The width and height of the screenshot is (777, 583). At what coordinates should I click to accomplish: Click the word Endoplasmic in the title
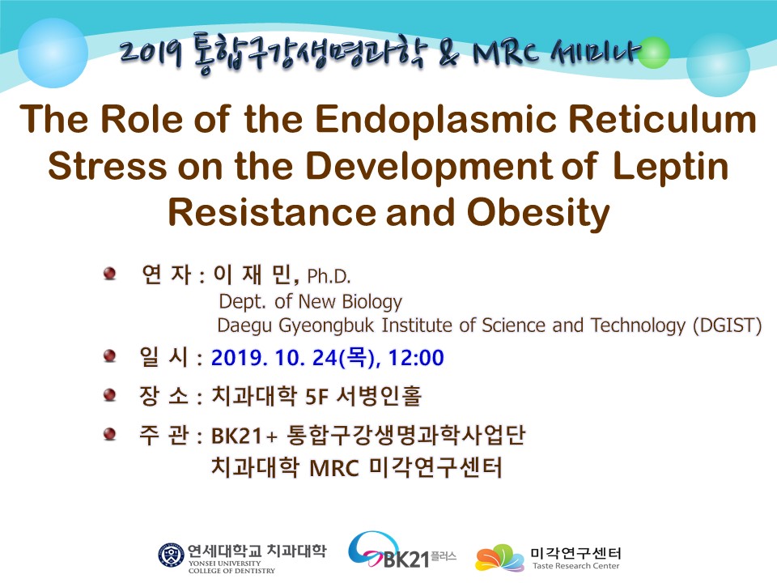(436, 121)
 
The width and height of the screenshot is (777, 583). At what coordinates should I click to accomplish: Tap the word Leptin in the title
(670, 167)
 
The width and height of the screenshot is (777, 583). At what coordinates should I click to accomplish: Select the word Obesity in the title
(538, 213)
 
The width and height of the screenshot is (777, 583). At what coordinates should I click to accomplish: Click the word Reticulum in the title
(662, 120)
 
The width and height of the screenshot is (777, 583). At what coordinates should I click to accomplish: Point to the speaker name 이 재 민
(255, 274)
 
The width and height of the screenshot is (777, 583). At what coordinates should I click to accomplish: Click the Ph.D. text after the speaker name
(329, 277)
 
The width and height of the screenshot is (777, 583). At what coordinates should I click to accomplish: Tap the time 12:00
(416, 358)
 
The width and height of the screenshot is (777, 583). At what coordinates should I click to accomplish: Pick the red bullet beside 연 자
(109, 273)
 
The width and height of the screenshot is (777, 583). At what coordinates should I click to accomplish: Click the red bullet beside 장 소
(109, 395)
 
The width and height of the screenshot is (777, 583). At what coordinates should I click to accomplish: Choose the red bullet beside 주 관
(109, 434)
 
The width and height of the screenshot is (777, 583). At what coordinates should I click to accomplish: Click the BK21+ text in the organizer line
(244, 436)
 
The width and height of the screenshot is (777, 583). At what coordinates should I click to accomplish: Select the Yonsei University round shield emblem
(171, 555)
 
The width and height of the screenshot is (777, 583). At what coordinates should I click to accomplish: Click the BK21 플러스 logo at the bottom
(401, 551)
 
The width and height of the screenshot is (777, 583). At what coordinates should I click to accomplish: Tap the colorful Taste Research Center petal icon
(499, 558)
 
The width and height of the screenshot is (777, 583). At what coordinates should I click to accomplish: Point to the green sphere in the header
(654, 53)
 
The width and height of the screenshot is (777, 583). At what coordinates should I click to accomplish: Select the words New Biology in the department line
(350, 301)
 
